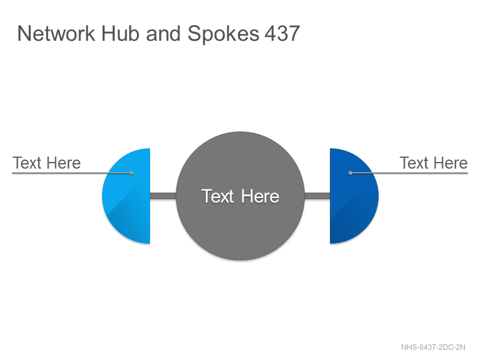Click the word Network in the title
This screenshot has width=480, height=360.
(x=56, y=34)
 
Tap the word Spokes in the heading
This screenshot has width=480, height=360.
(x=223, y=34)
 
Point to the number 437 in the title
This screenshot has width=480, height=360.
(x=282, y=34)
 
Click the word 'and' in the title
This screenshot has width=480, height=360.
(x=163, y=34)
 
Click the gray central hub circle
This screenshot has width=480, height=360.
(x=241, y=196)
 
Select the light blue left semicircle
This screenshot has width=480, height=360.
(x=126, y=196)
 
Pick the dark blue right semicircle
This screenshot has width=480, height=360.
(x=354, y=196)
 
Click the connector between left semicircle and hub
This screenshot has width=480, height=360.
(x=163, y=196)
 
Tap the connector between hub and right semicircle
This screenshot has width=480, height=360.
(x=317, y=196)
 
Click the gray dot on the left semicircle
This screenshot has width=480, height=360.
(x=131, y=173)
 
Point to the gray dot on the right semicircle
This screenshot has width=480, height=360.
(x=350, y=173)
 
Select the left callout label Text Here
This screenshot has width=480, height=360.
(x=47, y=163)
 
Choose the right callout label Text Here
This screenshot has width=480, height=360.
(x=433, y=163)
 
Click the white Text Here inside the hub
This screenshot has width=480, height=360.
(x=241, y=196)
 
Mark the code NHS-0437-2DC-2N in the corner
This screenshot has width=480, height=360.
(x=433, y=347)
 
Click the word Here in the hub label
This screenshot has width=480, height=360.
(x=260, y=196)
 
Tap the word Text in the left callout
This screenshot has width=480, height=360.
(x=27, y=163)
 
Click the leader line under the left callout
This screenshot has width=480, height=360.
(x=71, y=173)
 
